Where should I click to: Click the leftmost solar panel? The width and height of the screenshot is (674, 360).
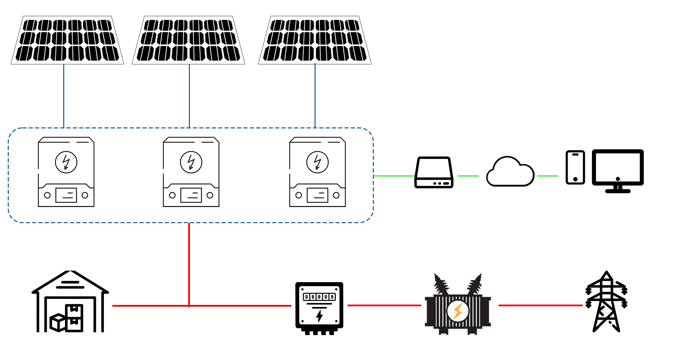click(67, 40)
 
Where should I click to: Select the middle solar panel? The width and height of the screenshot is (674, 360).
click(189, 40)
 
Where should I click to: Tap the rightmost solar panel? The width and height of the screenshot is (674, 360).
click(315, 40)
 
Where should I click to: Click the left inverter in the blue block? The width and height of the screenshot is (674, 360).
click(66, 172)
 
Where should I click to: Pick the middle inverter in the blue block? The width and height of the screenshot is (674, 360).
click(191, 172)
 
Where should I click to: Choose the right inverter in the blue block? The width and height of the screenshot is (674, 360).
click(317, 172)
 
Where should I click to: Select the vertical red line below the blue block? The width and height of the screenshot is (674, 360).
click(189, 263)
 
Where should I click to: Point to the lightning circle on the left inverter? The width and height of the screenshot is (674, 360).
click(66, 162)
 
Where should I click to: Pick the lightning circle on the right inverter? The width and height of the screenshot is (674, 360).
click(317, 162)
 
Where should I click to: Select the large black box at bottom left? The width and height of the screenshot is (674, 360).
click(70, 301)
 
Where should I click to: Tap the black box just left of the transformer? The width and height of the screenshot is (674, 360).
click(319, 308)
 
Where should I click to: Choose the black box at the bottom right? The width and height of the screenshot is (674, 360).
click(606, 301)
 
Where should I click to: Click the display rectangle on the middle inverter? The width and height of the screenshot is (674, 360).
click(191, 195)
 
